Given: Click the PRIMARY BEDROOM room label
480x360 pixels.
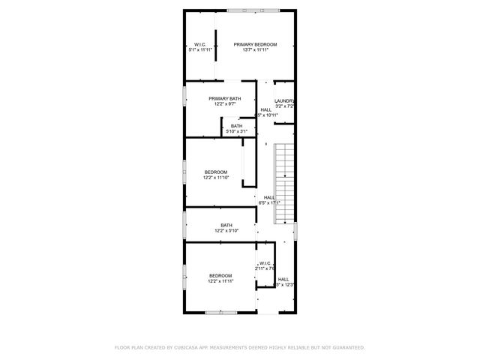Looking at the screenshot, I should pos(255,45).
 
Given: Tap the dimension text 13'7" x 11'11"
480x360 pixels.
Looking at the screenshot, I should pos(255,51).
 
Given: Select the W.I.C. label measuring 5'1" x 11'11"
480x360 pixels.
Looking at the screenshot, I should pos(200,45).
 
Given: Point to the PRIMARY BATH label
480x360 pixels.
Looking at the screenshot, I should pos(225,99).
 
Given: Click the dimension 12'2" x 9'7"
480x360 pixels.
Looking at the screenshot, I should pos(225,104).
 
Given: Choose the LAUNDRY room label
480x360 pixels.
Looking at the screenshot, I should pos(283,101).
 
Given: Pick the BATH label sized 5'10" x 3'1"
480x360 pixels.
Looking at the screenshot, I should pos(236,126).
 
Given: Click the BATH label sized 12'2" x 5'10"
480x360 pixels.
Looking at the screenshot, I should pos(226,226).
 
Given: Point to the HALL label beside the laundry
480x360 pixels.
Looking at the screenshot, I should pos(266,109).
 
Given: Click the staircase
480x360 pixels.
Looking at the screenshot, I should pos(284,184).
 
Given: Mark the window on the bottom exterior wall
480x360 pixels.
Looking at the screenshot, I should pos(222,312).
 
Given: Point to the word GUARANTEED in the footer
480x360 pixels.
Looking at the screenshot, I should pos(344,347).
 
